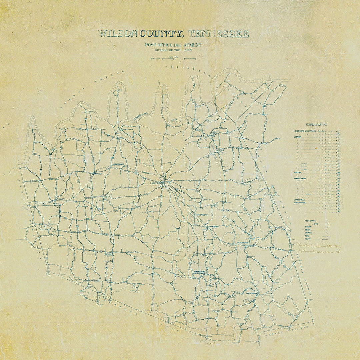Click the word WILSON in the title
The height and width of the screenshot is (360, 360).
[x=118, y=34]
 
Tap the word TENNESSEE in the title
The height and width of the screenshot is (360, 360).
[x=218, y=34]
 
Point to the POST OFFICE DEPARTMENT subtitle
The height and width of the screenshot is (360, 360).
[x=173, y=45]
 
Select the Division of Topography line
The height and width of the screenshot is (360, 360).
[x=173, y=50]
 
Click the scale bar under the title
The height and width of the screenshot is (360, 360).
[x=173, y=58]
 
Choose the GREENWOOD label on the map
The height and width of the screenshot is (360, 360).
[x=202, y=215]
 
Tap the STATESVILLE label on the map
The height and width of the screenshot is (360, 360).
[x=252, y=293]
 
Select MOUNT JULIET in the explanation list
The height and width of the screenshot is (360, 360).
[x=300, y=179]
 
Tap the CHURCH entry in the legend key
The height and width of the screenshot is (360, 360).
[x=307, y=233]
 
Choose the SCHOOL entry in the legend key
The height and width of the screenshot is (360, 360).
[x=307, y=227]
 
